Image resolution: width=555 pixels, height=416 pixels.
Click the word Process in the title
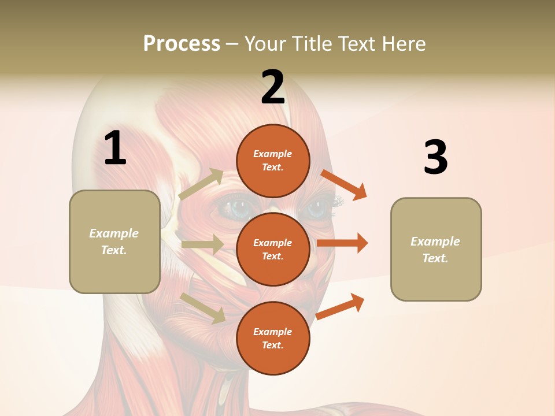(x=182, y=44)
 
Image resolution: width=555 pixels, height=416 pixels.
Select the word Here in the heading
(x=402, y=44)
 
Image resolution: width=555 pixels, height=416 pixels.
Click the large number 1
(x=115, y=148)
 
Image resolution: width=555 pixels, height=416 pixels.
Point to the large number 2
(x=273, y=87)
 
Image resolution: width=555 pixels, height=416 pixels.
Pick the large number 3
(x=435, y=157)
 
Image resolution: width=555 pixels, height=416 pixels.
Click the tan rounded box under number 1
(x=114, y=242)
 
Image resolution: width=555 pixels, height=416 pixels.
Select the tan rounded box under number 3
(x=436, y=250)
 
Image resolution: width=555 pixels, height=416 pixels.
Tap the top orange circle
(x=273, y=161)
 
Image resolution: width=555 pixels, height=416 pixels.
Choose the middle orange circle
(x=273, y=249)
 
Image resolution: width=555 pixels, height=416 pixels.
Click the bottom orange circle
(x=273, y=338)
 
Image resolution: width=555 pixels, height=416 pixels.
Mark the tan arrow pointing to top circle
(x=201, y=184)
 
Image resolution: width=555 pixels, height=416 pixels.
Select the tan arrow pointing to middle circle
(x=202, y=244)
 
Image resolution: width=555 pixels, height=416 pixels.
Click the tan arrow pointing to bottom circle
(x=203, y=307)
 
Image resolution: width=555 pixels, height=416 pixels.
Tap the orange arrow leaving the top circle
(x=345, y=184)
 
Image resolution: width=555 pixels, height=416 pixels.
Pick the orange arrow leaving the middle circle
(x=342, y=243)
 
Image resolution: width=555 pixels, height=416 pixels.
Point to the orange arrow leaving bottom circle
(x=341, y=306)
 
